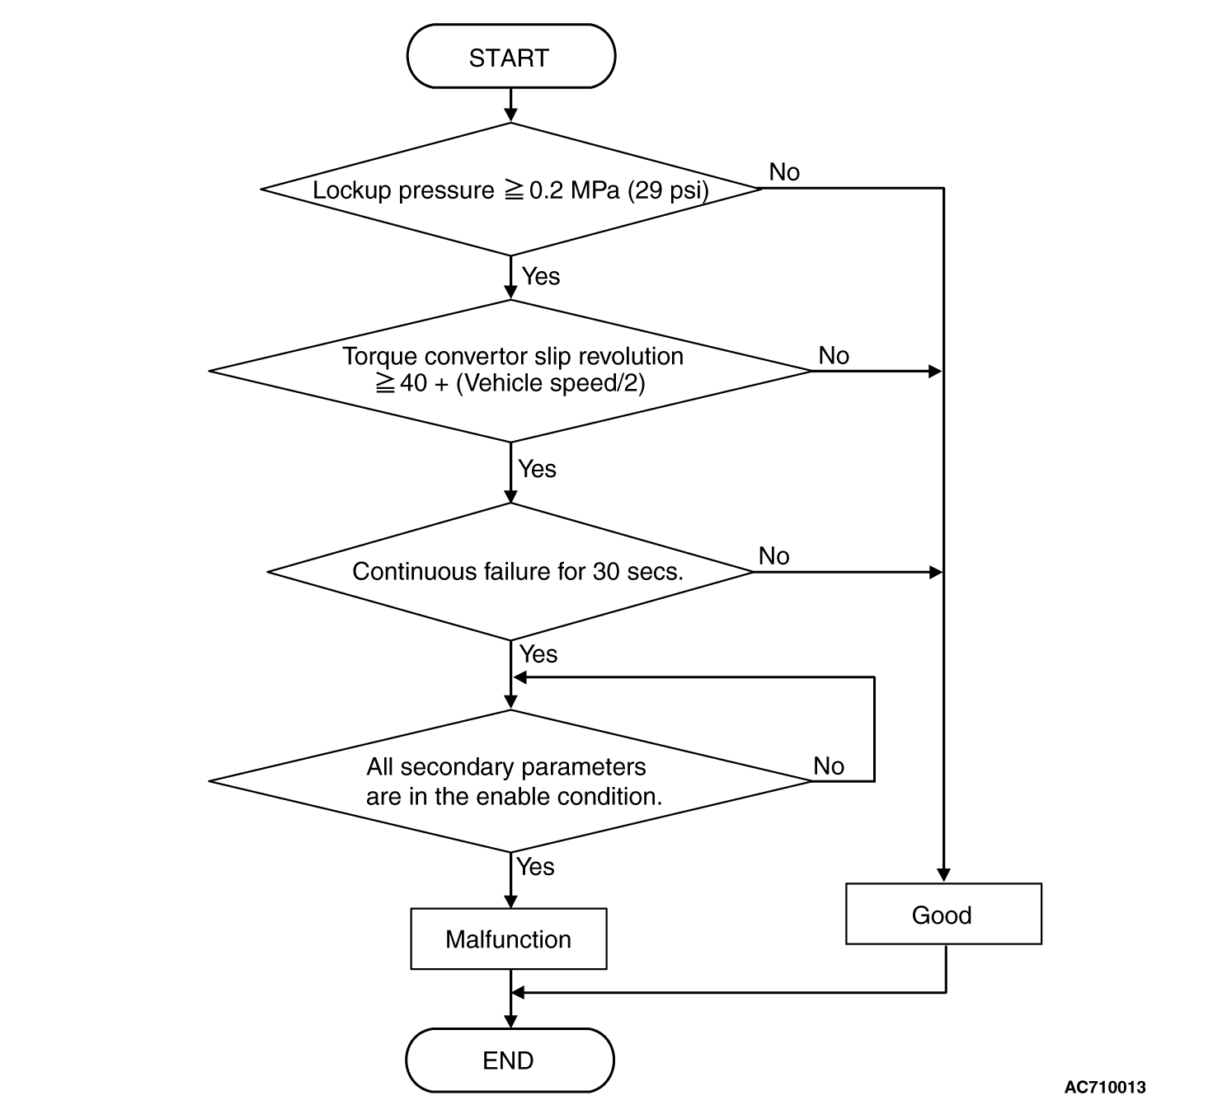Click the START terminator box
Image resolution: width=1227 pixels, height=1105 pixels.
click(x=510, y=56)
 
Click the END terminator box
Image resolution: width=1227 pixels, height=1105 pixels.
click(x=510, y=1061)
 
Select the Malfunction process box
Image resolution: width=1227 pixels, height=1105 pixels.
click(x=508, y=939)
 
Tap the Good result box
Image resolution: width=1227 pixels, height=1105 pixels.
click(x=943, y=914)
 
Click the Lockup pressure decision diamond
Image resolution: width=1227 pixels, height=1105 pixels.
click(x=510, y=189)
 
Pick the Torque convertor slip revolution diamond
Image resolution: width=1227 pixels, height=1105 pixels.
click(x=510, y=371)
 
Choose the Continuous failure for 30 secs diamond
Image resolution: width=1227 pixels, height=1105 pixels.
click(x=510, y=572)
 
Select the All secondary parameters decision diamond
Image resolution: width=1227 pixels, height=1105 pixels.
click(x=510, y=781)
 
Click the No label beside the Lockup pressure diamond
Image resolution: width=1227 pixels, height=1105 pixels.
click(x=784, y=172)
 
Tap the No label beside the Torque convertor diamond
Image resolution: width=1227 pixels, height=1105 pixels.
click(x=834, y=355)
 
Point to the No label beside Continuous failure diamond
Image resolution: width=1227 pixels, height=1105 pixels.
click(x=773, y=556)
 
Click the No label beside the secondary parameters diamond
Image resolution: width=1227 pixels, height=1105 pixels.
click(x=829, y=766)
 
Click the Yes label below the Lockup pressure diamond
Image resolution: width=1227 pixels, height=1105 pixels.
click(x=541, y=276)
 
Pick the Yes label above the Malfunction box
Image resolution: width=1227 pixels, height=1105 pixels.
click(x=535, y=867)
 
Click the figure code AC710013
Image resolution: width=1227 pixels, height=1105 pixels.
click(x=1105, y=1087)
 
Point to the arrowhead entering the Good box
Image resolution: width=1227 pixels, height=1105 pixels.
click(x=944, y=875)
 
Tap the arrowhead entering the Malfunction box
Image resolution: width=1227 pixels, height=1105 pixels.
click(x=510, y=901)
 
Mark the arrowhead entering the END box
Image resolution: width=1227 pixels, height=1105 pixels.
click(x=510, y=1021)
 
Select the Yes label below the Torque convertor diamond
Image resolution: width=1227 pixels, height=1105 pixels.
click(x=537, y=468)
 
